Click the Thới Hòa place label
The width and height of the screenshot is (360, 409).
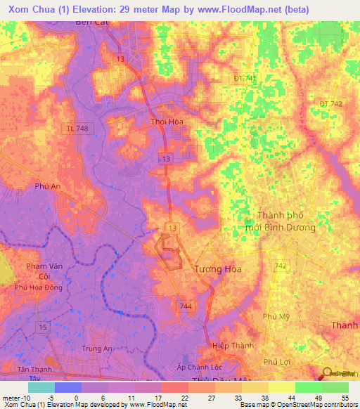pyautogui.click(x=167, y=122)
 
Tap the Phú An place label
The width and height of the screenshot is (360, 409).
pyautogui.click(x=46, y=186)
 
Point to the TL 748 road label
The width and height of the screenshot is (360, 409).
pyautogui.click(x=79, y=129)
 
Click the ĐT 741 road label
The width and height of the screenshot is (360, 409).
pyautogui.click(x=246, y=78)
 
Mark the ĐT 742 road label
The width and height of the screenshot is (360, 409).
pyautogui.click(x=330, y=104)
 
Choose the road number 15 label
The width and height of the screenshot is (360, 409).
pyautogui.click(x=44, y=327)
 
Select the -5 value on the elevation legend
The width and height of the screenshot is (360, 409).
pyautogui.click(x=42, y=398)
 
